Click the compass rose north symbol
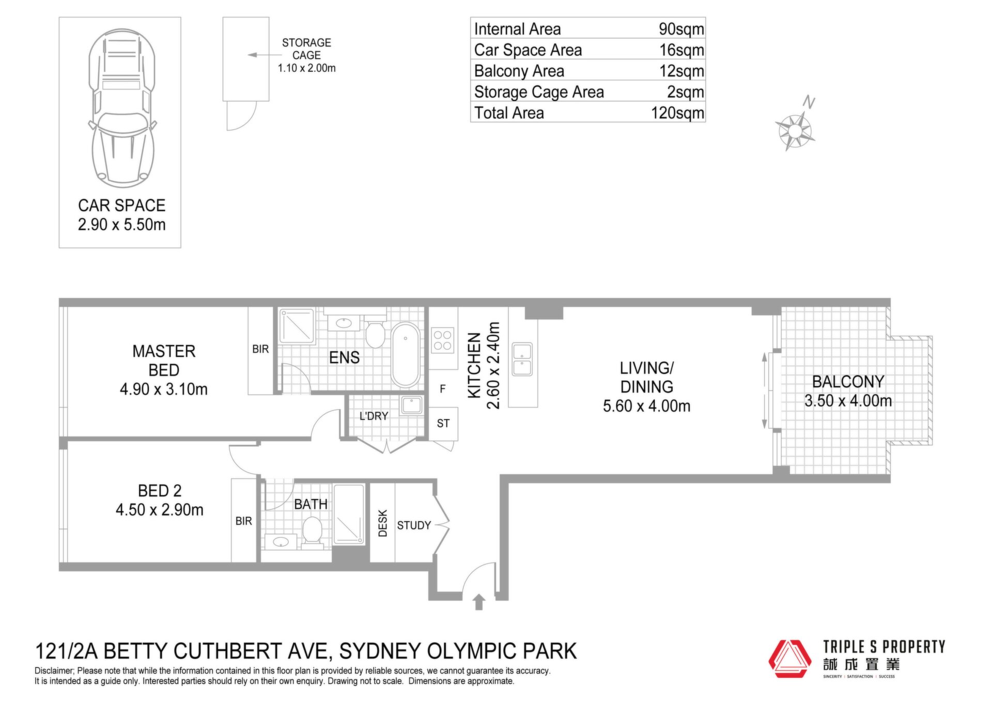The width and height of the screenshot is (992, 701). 795,127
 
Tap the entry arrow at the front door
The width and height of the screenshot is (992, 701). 479,602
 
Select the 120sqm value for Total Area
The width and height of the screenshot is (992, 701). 677,113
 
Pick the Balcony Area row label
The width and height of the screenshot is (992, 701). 519,71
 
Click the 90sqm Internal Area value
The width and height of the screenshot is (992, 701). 681,29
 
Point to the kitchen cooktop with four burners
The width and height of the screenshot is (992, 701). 443,340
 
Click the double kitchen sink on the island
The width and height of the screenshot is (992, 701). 522,359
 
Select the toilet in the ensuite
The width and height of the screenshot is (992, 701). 375,332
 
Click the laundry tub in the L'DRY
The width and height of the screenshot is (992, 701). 412,405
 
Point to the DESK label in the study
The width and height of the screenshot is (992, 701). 383,523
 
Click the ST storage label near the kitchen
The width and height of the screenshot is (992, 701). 443,424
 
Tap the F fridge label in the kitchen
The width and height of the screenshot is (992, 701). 443,389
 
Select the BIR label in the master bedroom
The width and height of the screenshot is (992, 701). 260,349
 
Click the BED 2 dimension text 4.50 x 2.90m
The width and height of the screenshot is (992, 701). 160,510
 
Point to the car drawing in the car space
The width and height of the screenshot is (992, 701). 122,108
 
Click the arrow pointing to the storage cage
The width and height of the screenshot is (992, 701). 265,55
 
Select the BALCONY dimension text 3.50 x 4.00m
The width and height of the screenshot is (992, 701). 848,401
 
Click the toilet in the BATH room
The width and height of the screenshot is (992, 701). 312,531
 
